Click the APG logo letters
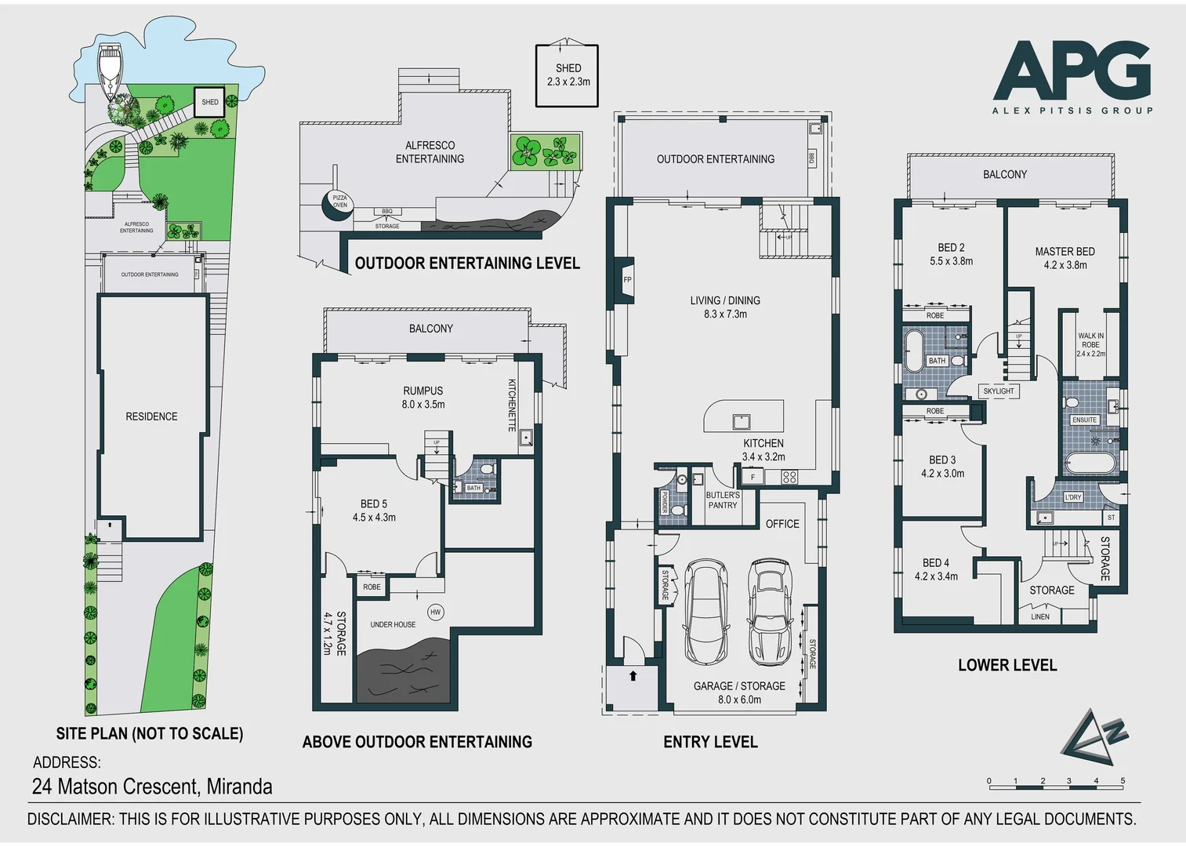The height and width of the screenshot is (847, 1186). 1072,72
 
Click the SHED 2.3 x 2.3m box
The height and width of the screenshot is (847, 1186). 567,75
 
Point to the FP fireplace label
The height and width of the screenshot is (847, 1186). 627,280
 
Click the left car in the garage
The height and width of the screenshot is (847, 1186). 705,612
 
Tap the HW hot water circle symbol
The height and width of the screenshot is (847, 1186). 436,612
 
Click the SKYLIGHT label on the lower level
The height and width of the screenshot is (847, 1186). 998,391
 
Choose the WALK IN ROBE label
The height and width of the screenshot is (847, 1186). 1090,344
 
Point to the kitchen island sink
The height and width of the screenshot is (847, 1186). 741,422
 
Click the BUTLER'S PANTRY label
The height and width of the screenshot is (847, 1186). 722,500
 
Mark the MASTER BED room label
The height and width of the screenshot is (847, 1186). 1064,258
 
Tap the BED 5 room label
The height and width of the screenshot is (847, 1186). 374,511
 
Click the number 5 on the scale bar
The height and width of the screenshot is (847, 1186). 1123,781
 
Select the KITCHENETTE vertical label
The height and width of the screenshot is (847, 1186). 512,405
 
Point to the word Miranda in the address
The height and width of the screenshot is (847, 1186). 239,787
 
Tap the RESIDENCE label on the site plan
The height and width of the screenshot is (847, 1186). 151,416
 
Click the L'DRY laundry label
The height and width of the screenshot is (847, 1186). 1073,497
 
